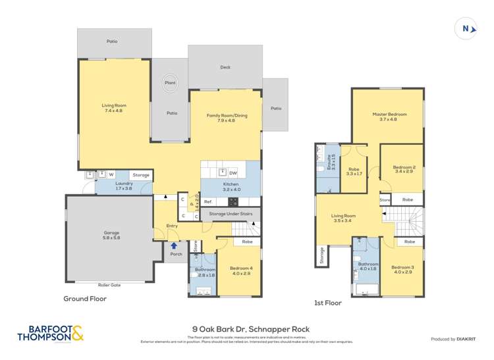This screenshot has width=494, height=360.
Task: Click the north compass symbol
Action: pos(466,28)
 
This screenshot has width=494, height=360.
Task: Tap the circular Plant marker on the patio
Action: pos(169,84)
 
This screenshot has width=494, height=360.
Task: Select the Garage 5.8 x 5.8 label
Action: pos(111,235)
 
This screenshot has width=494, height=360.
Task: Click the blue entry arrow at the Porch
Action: pos(174,245)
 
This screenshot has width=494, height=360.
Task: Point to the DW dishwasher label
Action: pos(233,172)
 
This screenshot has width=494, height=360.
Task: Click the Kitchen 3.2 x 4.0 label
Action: pos(231,187)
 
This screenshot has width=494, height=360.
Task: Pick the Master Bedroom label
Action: pos(388,116)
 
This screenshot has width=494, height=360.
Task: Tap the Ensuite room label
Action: pos(332,162)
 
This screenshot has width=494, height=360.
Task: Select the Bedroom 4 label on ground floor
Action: pos(240,270)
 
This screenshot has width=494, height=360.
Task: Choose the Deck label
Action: pos(225,67)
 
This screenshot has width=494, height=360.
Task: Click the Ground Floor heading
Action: pos(84,298)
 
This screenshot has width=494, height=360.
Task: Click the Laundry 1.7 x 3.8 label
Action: pos(124,186)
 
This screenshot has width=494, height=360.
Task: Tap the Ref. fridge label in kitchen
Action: pos(207,201)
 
